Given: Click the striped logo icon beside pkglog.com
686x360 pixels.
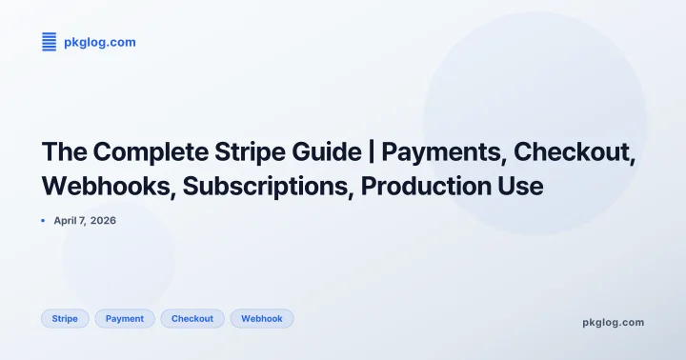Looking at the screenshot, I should (50, 41).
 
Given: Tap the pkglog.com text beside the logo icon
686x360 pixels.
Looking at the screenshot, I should (99, 42).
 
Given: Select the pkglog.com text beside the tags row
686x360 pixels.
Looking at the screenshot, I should (613, 322).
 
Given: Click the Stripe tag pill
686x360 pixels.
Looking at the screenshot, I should (65, 318).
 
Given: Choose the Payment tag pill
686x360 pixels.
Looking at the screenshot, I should (125, 318).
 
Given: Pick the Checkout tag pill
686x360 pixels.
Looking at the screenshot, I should (192, 318).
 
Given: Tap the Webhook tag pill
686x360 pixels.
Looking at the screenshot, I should (262, 318).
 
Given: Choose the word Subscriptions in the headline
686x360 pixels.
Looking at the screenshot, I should (265, 186).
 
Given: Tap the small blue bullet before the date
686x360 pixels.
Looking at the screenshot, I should (44, 220).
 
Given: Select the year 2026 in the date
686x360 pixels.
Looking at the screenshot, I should (105, 220).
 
